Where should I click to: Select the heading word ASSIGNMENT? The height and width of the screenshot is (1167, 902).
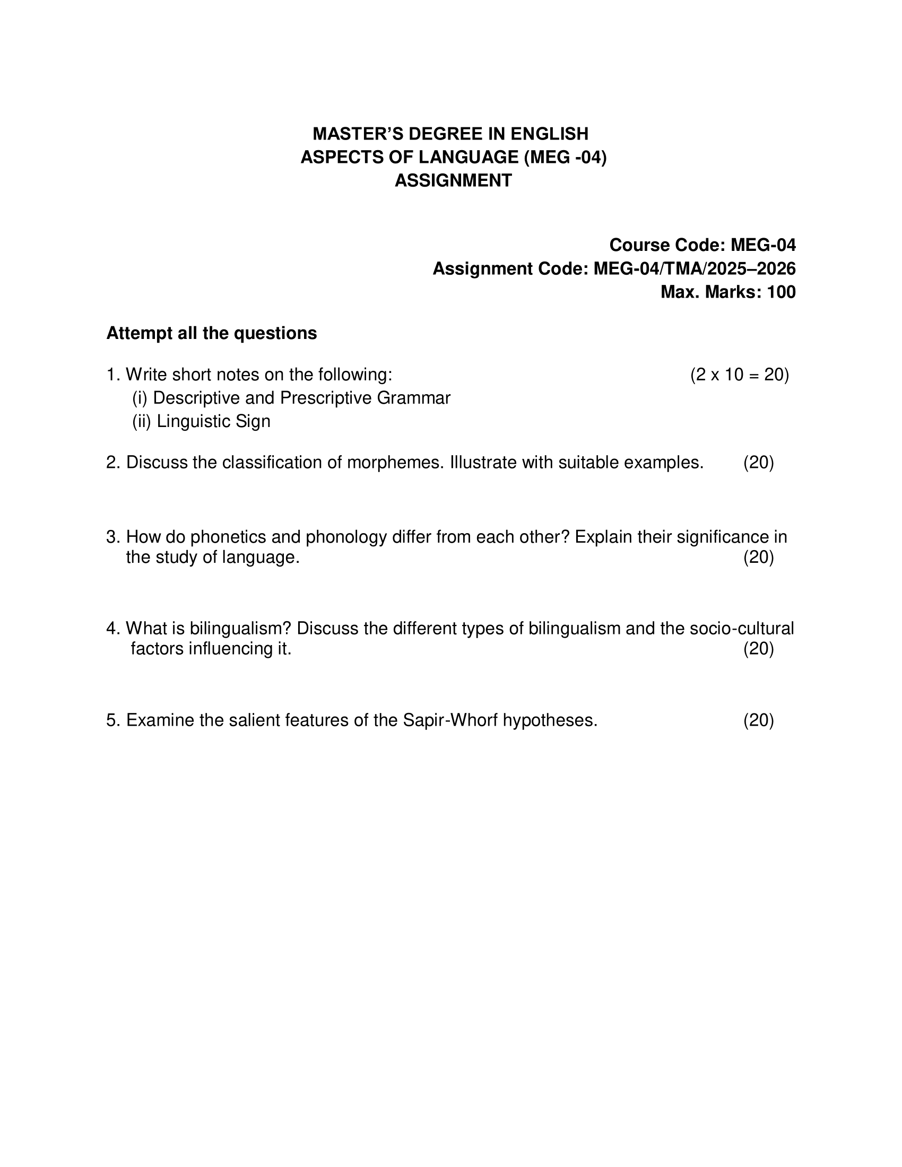[x=453, y=180]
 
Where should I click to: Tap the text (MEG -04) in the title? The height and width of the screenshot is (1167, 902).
[x=566, y=157]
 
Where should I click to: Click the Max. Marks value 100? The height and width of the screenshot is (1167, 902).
[x=781, y=292]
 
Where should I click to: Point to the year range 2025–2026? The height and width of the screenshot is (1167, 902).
[x=751, y=268]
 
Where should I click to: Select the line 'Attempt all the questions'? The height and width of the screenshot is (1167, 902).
[x=212, y=333]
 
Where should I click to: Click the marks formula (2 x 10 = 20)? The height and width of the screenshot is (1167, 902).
[x=740, y=375]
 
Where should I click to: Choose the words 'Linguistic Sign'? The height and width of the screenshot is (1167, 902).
[x=213, y=421]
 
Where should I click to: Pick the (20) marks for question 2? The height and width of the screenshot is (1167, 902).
[x=758, y=462]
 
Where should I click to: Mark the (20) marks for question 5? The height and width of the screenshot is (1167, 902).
[x=758, y=720]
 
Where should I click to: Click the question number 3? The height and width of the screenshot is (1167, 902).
[x=111, y=536]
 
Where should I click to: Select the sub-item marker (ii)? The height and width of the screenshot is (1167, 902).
[x=142, y=421]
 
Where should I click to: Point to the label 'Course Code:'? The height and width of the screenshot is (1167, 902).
[x=667, y=245]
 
